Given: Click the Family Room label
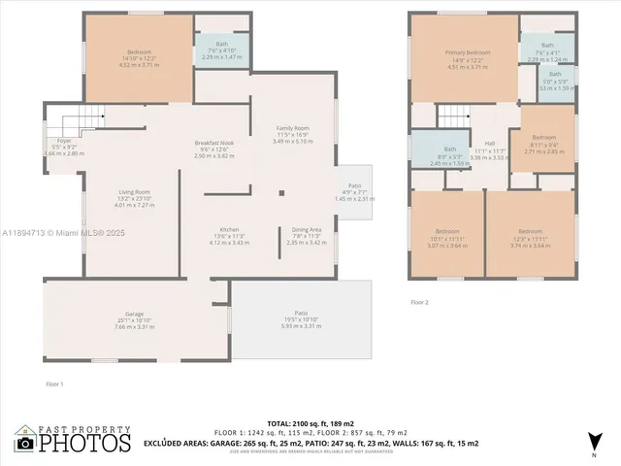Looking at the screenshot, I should click(292, 134).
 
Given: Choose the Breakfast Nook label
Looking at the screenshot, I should click(214, 149).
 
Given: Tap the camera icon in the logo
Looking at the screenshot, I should click(25, 444).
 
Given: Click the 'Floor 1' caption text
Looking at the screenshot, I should click(54, 385).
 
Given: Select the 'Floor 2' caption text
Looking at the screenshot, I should click(419, 303).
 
